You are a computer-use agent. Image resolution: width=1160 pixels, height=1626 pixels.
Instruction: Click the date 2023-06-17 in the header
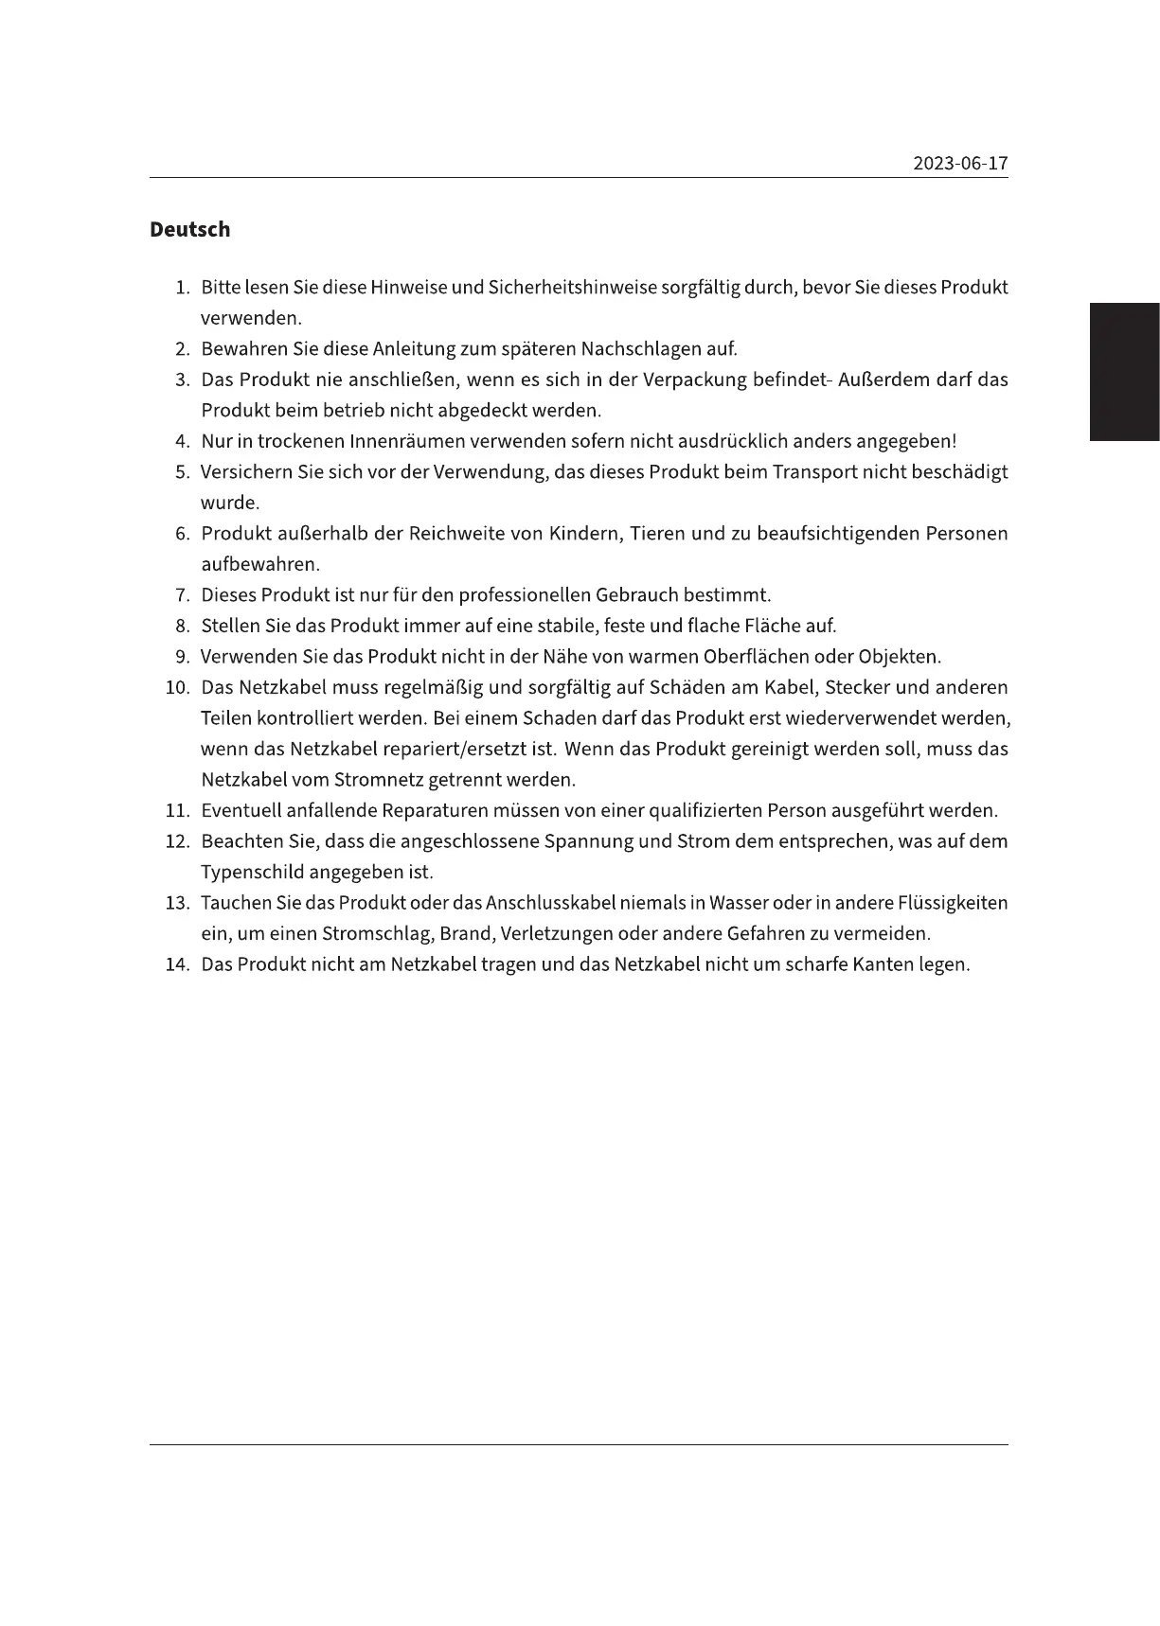pos(960,164)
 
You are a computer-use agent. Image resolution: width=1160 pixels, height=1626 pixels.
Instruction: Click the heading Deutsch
pos(189,230)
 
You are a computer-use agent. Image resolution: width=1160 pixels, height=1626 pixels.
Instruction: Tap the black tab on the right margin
pos(1124,372)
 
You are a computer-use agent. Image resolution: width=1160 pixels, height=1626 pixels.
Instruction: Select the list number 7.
pos(183,595)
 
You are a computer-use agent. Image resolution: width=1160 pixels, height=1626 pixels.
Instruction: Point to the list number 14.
pos(178,965)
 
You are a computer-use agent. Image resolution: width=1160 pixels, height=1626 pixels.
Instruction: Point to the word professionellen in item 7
pos(524,595)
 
